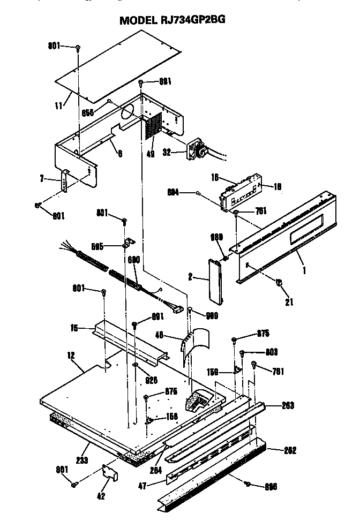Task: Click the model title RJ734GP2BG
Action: point(172,20)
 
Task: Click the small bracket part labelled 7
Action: point(65,182)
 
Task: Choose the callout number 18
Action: point(276,186)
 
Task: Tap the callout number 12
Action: point(71,354)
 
